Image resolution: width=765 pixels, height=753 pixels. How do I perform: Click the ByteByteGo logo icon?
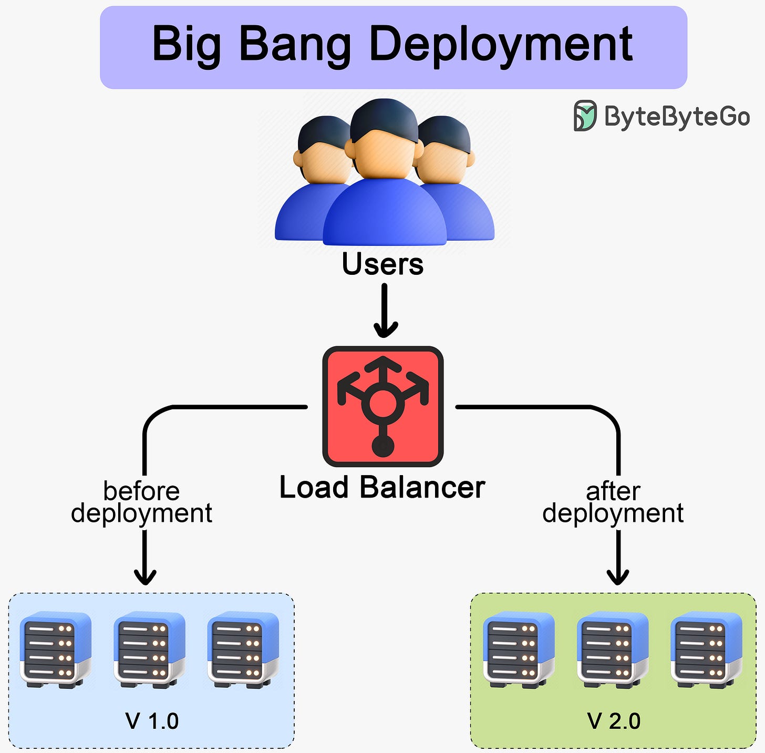click(x=585, y=116)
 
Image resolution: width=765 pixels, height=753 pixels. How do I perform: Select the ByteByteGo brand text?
click(x=677, y=116)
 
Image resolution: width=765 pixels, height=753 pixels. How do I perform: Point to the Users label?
click(x=382, y=264)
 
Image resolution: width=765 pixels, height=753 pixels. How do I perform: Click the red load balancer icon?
click(x=383, y=406)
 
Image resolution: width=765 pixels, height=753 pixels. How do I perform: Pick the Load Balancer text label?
click(x=382, y=487)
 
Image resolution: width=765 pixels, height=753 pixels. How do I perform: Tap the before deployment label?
click(x=141, y=502)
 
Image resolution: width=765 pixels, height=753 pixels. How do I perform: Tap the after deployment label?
click(x=613, y=502)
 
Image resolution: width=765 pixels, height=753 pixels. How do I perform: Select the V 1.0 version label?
click(x=152, y=721)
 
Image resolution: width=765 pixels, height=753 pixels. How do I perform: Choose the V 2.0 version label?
click(x=614, y=721)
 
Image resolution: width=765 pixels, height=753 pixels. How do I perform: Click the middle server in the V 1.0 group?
click(x=150, y=649)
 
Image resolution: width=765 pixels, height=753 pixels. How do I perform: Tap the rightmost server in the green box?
click(x=707, y=649)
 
